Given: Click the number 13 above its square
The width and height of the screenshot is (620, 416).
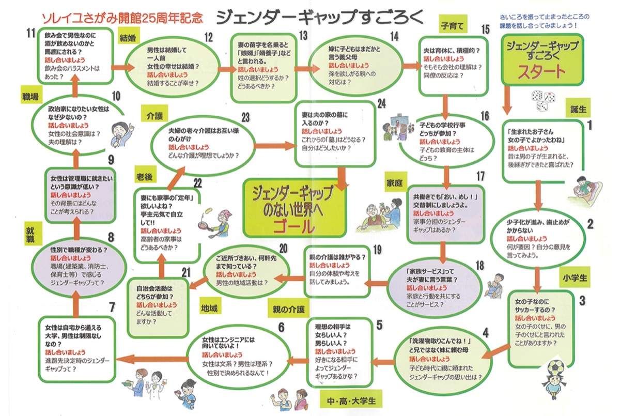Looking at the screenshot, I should (x=303, y=35).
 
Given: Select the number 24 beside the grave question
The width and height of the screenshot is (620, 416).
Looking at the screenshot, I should (x=381, y=103).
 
